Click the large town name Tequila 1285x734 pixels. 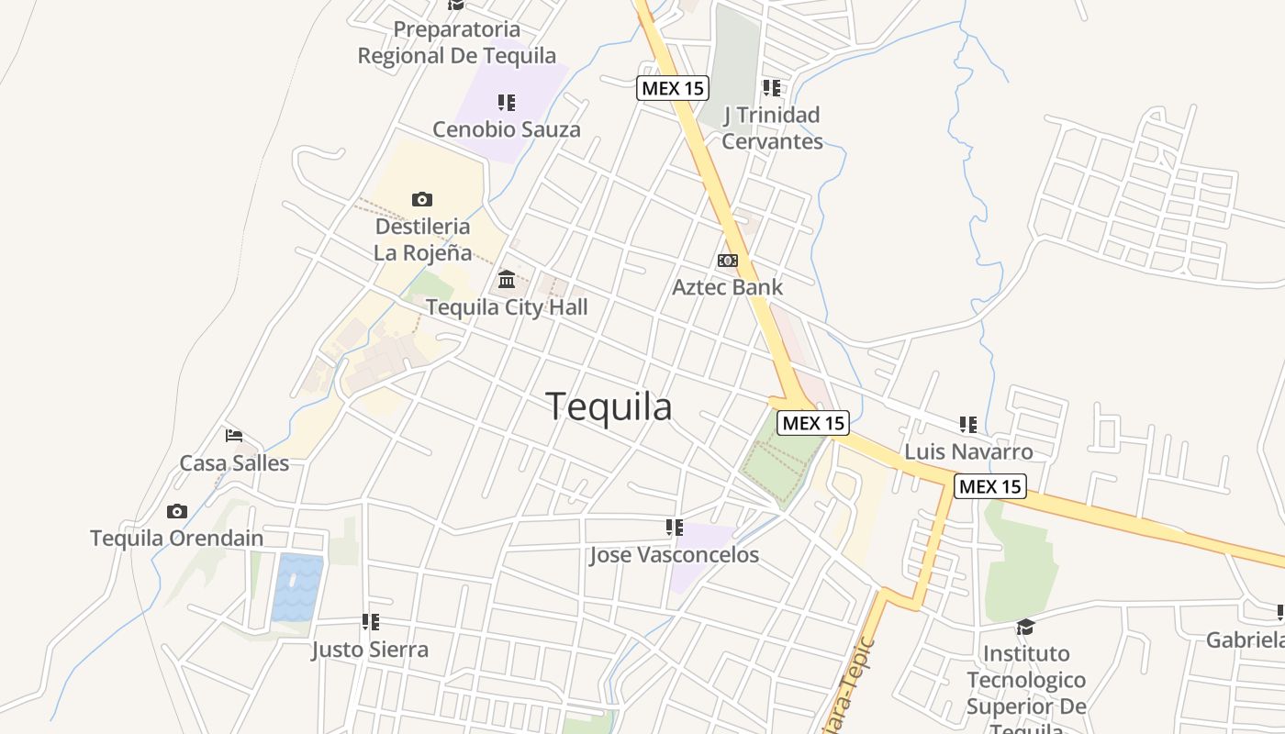609,406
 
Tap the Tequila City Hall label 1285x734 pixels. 507,307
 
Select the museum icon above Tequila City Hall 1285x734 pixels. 507,279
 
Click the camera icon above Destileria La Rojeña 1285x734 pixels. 421,199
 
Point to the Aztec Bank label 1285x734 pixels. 727,287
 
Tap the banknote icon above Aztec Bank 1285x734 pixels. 727,261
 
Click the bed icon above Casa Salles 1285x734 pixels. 234,435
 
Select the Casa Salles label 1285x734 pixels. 234,463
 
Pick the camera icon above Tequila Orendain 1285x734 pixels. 177,511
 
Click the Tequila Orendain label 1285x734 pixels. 176,539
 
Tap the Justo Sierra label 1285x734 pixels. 370,650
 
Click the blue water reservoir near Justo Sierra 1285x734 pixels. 297,586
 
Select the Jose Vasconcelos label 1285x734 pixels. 674,555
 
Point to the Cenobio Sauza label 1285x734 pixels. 507,129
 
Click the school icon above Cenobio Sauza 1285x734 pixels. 507,103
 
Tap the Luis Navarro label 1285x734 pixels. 968,451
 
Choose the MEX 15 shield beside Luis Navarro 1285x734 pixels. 990,486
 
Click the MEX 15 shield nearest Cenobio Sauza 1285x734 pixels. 673,88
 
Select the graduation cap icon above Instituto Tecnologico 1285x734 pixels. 1025,627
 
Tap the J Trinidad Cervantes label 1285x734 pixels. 772,128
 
